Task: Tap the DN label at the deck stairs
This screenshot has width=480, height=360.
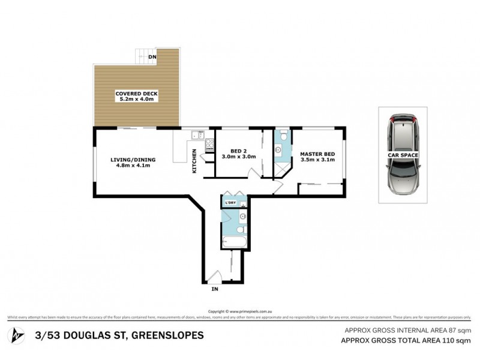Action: coord(153,56)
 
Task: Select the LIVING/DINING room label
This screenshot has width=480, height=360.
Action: coord(133,163)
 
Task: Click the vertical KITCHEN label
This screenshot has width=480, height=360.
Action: coord(194,161)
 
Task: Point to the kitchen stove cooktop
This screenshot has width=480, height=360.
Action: coord(210,145)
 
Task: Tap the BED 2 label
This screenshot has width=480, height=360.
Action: coord(239,154)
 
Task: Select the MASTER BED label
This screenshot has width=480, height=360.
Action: coord(317,157)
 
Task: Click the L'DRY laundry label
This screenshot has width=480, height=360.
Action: coord(230,203)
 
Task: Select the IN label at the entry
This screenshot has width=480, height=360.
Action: coord(214,289)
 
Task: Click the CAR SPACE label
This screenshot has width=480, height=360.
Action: coord(403,155)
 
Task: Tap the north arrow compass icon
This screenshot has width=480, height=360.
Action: coord(17,334)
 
